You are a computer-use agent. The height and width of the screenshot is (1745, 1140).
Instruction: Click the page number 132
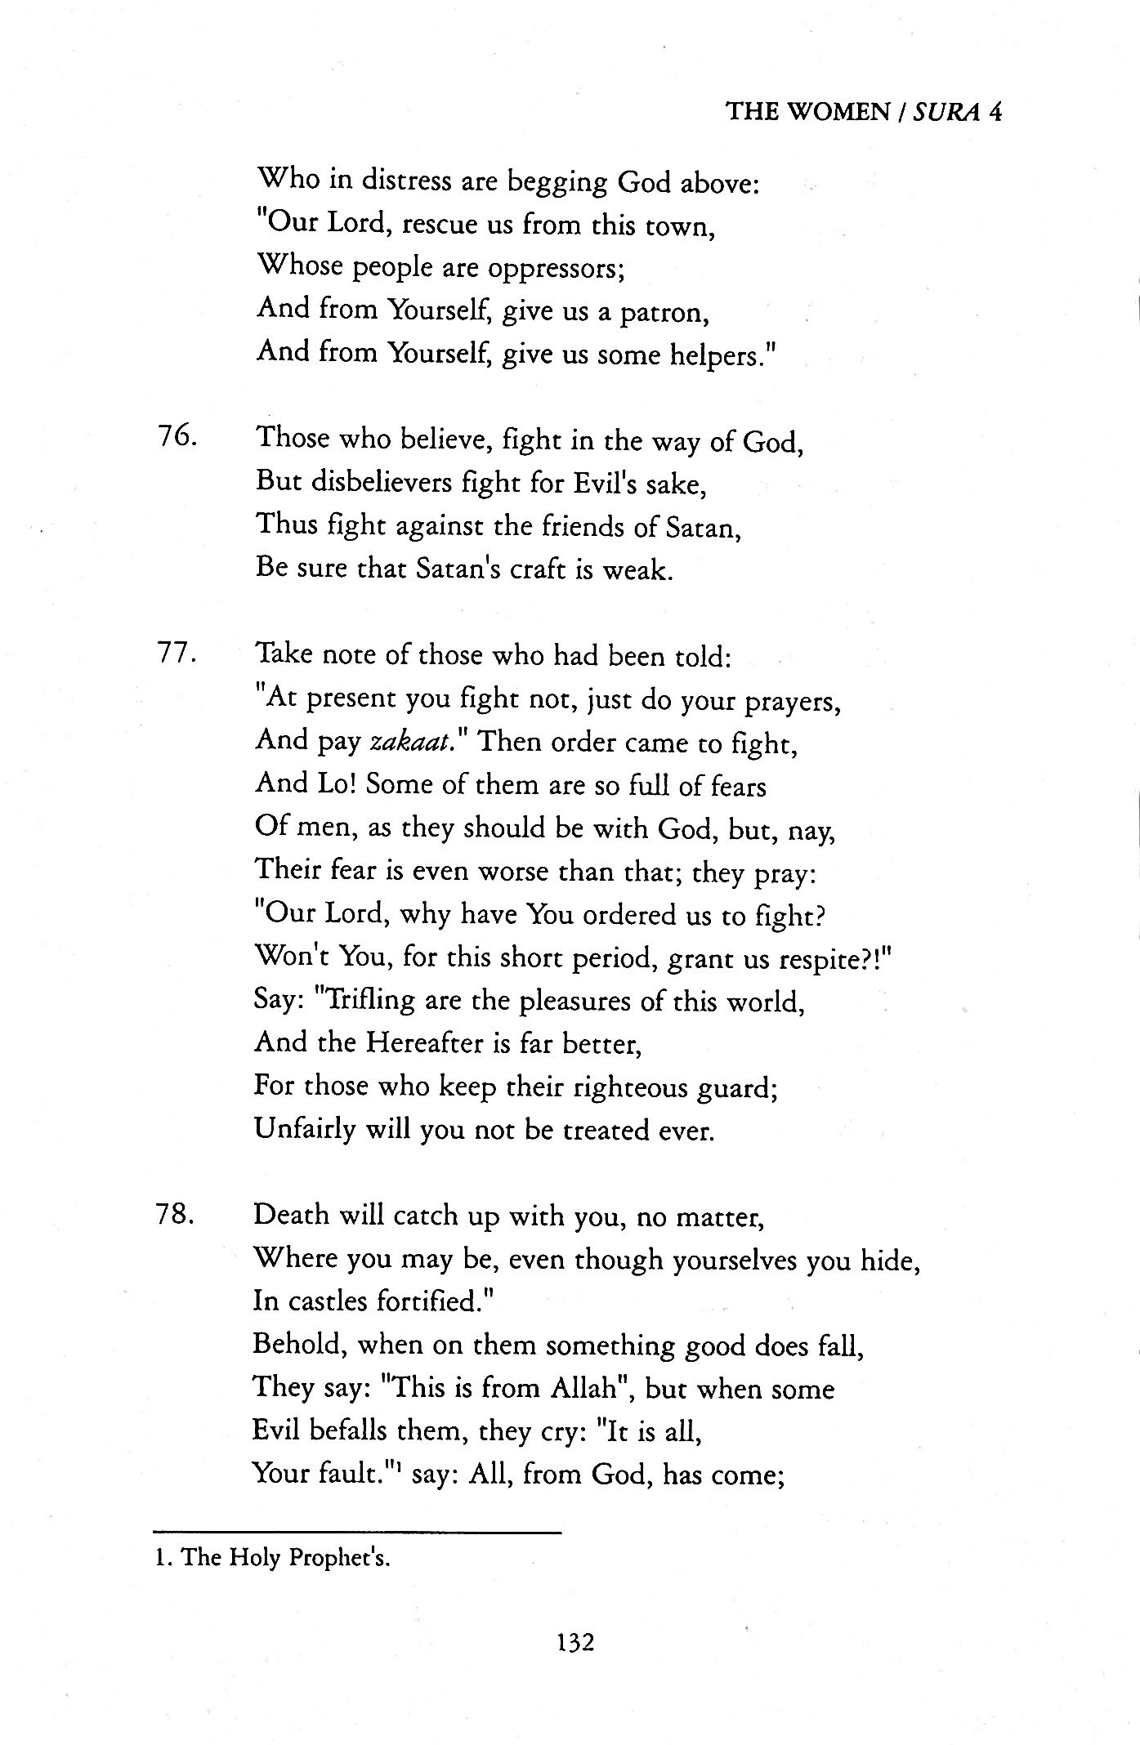pyautogui.click(x=575, y=1641)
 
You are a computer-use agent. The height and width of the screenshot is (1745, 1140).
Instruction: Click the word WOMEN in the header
pyautogui.click(x=838, y=111)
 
